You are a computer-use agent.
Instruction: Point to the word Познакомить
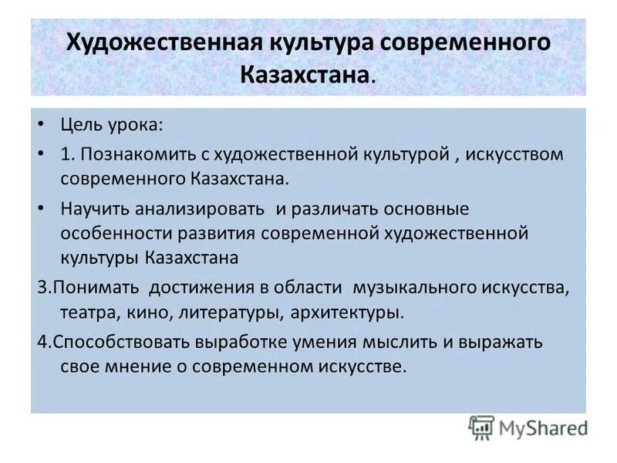point(137,154)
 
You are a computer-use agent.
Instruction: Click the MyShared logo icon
point(481,427)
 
